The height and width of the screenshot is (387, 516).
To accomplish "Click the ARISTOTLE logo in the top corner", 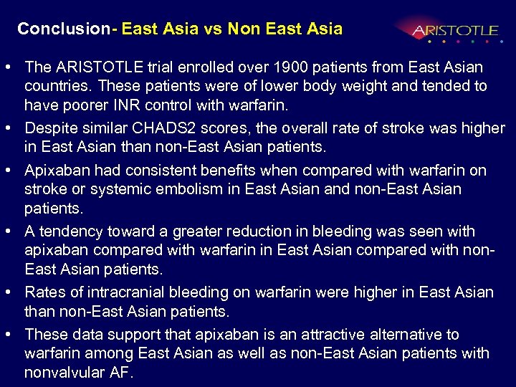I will [x=454, y=31].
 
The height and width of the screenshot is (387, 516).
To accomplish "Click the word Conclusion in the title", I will [x=62, y=29].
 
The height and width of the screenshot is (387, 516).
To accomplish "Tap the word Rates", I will [x=44, y=292].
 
